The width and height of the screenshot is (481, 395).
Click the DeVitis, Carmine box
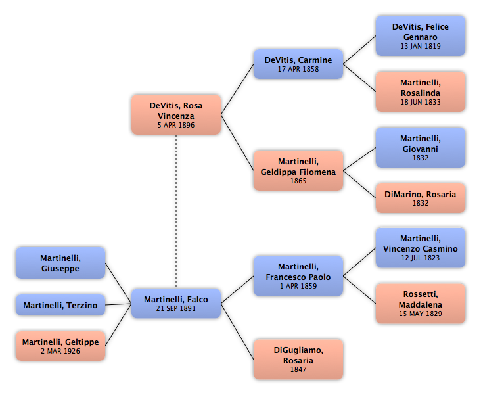[298, 64]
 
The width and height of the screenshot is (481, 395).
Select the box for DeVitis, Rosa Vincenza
[176, 114]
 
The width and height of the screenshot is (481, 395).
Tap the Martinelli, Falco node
[176, 303]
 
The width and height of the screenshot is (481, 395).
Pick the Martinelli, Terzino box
[60, 305]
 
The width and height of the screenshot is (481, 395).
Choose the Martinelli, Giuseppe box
[60, 263]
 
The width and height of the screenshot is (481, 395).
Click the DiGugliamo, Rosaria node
[298, 359]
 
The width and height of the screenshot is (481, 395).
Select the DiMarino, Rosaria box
[421, 198]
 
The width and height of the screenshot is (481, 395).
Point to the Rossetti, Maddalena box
[421, 303]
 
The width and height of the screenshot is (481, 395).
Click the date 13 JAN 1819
[421, 46]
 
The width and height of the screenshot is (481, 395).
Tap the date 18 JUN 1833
[421, 102]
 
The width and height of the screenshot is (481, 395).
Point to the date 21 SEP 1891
[175, 308]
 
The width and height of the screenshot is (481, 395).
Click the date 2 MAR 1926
[60, 351]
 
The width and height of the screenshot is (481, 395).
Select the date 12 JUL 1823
[421, 258]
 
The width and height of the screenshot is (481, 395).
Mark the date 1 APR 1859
[298, 286]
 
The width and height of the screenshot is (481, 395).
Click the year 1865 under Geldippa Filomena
[298, 181]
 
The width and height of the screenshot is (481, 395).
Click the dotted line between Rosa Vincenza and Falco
[176, 212]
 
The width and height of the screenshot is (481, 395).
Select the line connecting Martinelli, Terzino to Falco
[118, 304]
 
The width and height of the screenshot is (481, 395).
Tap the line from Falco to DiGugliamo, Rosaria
[237, 331]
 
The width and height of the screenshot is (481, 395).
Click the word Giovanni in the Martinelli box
[421, 149]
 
